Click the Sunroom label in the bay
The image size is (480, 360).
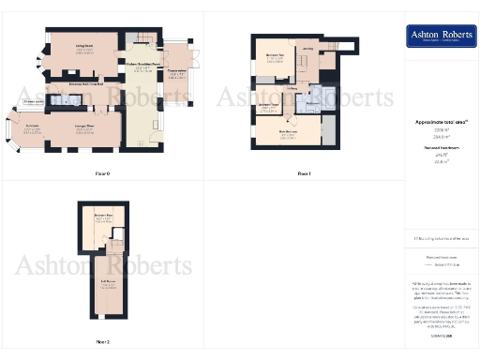(x=33, y=127)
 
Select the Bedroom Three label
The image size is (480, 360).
(x=270, y=106)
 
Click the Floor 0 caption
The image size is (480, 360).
(x=102, y=174)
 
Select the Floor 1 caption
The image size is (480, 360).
(x=303, y=174)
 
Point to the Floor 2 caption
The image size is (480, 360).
(x=102, y=342)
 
